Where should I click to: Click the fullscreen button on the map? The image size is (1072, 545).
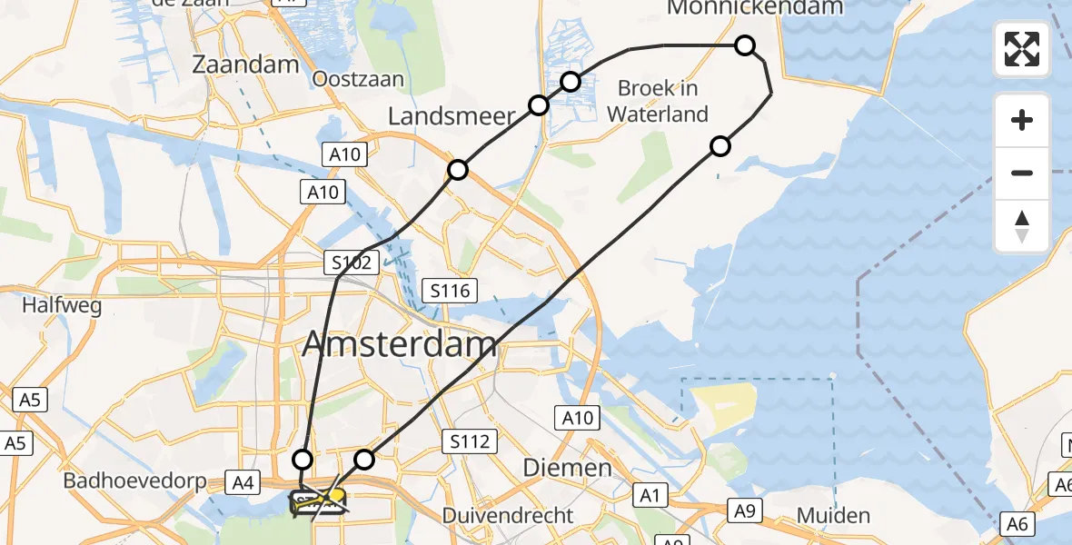(1022, 49)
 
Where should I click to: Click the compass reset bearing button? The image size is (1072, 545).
(1022, 226)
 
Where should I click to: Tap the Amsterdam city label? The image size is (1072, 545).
(400, 344)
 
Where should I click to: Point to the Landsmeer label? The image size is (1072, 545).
(452, 116)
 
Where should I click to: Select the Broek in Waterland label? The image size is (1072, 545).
(658, 101)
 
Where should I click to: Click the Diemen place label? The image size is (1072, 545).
(567, 469)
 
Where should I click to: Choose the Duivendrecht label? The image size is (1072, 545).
(508, 516)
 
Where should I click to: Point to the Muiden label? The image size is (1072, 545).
(833, 516)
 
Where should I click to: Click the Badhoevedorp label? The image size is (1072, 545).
(124, 481)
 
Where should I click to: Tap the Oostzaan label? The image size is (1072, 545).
(357, 79)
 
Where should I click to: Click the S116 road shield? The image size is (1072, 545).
(452, 292)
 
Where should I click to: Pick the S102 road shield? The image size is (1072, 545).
(349, 264)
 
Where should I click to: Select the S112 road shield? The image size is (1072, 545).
(471, 442)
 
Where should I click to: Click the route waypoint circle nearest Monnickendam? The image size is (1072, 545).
(745, 45)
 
